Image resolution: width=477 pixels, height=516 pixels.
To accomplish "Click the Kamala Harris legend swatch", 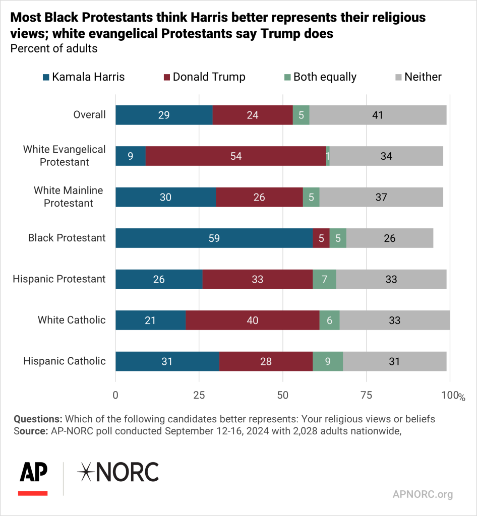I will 46,78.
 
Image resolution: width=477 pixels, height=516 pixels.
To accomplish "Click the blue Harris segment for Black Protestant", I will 214,238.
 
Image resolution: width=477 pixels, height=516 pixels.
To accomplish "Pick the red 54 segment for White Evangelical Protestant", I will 236,156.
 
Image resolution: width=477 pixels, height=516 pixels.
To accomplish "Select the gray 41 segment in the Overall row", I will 378,115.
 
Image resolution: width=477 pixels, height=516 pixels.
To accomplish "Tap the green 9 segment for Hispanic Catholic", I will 328,361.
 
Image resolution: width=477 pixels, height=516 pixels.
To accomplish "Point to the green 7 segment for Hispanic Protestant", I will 324,279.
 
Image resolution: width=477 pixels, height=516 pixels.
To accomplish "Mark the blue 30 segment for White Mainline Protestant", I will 166,197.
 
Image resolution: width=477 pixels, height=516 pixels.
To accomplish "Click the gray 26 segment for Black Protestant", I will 390,238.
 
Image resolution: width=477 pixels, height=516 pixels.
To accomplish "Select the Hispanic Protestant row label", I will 59,279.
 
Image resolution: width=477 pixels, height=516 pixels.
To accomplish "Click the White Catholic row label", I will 72,320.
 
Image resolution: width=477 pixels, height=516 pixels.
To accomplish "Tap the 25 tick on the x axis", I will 199,396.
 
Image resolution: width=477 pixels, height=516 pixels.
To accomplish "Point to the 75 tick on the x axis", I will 366,396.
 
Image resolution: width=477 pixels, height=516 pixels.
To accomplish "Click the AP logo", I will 33,477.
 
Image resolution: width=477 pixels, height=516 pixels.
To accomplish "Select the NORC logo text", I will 118,472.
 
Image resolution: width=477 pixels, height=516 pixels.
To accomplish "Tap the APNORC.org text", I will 423,494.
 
